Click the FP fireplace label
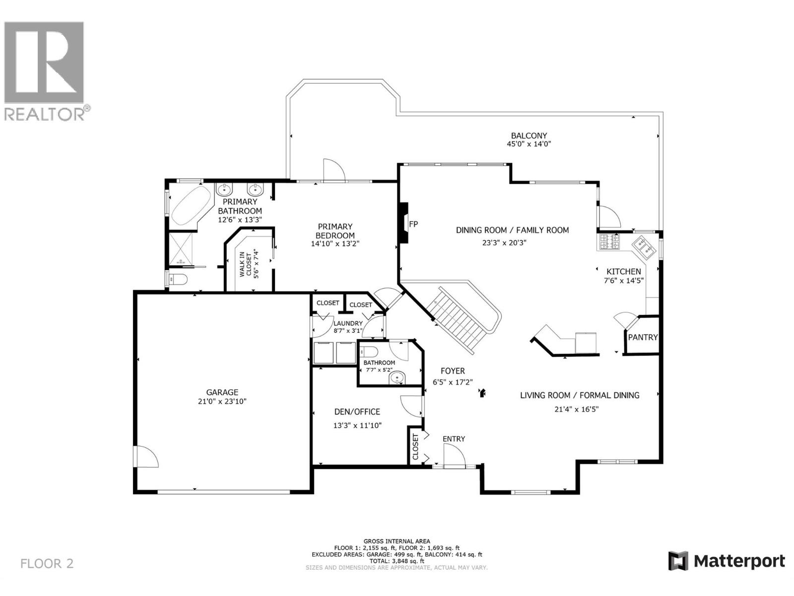pyautogui.click(x=413, y=224)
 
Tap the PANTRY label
pyautogui.click(x=643, y=337)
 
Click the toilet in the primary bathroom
pyautogui.click(x=178, y=280)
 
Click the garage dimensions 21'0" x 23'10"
pyautogui.click(x=222, y=401)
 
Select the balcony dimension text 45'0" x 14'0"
pyautogui.click(x=529, y=144)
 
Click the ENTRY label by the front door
pyautogui.click(x=454, y=439)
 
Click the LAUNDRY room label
pyautogui.click(x=348, y=323)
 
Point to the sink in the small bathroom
pyautogui.click(x=397, y=379)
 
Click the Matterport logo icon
pyautogui.click(x=678, y=561)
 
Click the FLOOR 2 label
pyautogui.click(x=47, y=563)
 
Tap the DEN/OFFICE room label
pyautogui.click(x=357, y=412)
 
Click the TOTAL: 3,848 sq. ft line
pyautogui.click(x=397, y=561)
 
